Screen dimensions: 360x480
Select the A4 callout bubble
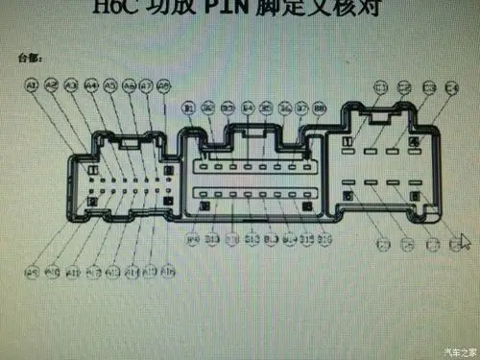coord(92,85)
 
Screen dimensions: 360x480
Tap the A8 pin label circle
coord(164,85)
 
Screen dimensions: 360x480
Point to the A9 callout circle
coord(31,273)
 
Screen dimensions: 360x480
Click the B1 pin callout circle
coord(189,108)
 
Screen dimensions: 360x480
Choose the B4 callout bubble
coord(248,108)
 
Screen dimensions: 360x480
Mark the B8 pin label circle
coord(320,108)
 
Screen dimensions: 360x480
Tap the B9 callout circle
coord(193,236)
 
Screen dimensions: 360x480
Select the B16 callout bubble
coord(325,236)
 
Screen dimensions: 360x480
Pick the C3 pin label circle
coord(429,89)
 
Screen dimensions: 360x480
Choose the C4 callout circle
coord(452,89)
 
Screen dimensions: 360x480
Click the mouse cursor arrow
coord(466,241)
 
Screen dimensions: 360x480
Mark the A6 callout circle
coord(129,85)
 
